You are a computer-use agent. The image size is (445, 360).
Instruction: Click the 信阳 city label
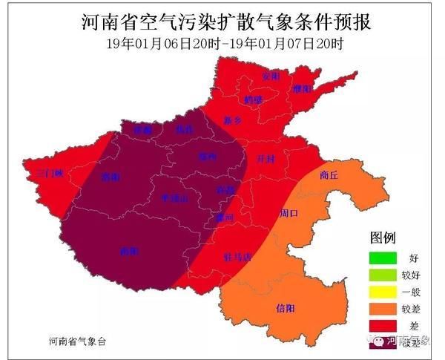(285, 307)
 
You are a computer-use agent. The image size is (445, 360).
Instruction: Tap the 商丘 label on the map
(329, 176)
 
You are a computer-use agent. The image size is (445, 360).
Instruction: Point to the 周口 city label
(289, 214)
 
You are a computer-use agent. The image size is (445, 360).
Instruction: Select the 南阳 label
(128, 252)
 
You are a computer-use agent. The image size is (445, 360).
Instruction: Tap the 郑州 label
(207, 157)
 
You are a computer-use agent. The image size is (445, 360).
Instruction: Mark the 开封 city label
(266, 159)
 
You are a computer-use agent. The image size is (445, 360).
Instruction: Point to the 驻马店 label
(237, 257)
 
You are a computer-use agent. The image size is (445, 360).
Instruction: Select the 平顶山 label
(175, 199)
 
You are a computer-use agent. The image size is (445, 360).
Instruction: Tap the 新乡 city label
(233, 120)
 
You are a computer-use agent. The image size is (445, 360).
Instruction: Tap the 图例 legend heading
(383, 238)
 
